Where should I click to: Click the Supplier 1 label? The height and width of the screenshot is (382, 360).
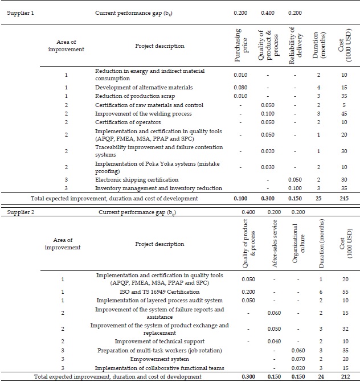click(x=20, y=13)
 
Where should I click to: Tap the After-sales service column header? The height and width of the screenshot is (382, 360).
click(x=274, y=244)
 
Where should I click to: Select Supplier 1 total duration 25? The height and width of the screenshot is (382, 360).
click(x=319, y=198)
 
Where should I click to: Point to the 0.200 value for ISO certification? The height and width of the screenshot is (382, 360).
click(x=248, y=290)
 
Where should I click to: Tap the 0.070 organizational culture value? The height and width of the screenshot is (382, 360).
click(x=298, y=359)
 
